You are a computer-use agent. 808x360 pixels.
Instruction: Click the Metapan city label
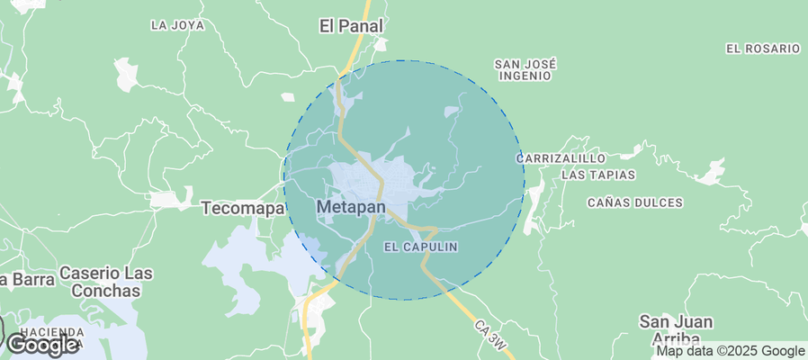point(351,208)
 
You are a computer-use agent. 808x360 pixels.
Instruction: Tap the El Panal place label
point(352,26)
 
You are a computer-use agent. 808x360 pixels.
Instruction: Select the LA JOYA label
point(178,25)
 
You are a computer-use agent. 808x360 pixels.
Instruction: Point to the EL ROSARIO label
point(762,48)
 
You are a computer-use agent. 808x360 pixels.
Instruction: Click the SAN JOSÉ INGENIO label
point(525,70)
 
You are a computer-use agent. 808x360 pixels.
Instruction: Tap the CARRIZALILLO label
point(557,157)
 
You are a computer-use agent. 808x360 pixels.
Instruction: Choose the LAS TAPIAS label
point(598,175)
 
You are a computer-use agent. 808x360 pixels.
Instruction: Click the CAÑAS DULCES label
point(634,202)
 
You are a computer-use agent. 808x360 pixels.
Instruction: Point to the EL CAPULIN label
point(421,246)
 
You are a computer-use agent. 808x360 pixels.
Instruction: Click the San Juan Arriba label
point(676,329)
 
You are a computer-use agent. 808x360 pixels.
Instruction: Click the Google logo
point(42,344)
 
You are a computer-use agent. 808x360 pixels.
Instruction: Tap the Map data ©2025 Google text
point(730,351)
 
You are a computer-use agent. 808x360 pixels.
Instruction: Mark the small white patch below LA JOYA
point(125,73)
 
